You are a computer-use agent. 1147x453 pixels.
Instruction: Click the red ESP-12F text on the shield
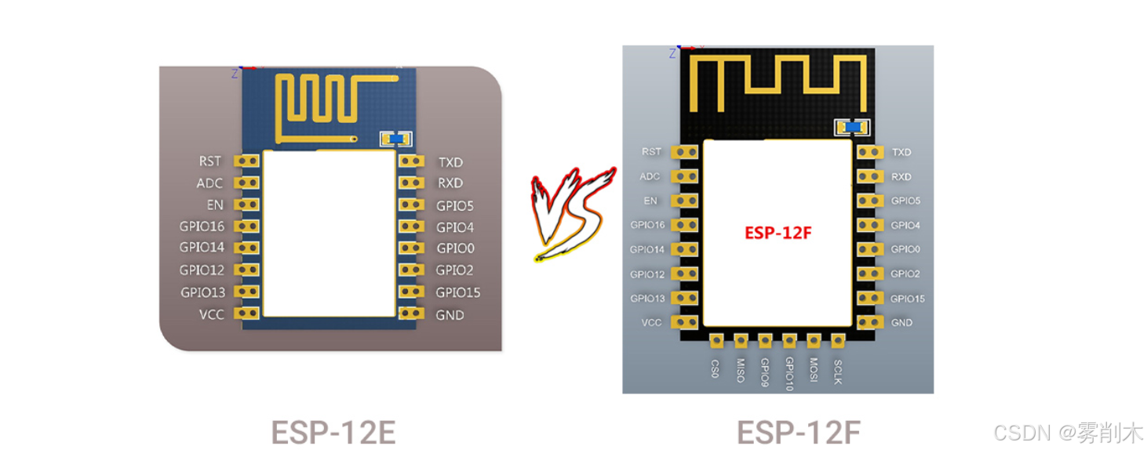point(777,233)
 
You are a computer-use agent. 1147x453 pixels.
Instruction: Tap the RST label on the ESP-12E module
point(209,161)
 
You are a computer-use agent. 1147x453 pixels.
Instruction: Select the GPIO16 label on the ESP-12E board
point(202,226)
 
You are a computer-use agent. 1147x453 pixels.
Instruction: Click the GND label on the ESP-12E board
point(450,315)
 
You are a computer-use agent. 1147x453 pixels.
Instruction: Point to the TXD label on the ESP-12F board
point(901,152)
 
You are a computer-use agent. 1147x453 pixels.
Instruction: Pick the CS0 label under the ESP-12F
point(716,368)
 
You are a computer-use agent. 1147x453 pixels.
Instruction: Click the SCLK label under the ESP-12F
point(838,371)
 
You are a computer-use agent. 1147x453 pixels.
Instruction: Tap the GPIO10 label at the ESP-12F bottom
point(789,375)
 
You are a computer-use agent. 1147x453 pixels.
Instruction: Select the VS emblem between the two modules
point(572,214)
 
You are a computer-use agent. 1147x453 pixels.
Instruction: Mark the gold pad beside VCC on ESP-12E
point(248,313)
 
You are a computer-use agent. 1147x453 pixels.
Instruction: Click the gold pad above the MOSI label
point(814,340)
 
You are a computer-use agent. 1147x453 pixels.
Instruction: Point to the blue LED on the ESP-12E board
point(396,139)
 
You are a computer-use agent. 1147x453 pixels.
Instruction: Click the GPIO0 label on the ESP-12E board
point(455,248)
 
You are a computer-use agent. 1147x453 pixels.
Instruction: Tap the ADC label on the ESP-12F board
point(650,176)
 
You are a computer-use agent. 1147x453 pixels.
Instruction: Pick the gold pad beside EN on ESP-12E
point(248,205)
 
